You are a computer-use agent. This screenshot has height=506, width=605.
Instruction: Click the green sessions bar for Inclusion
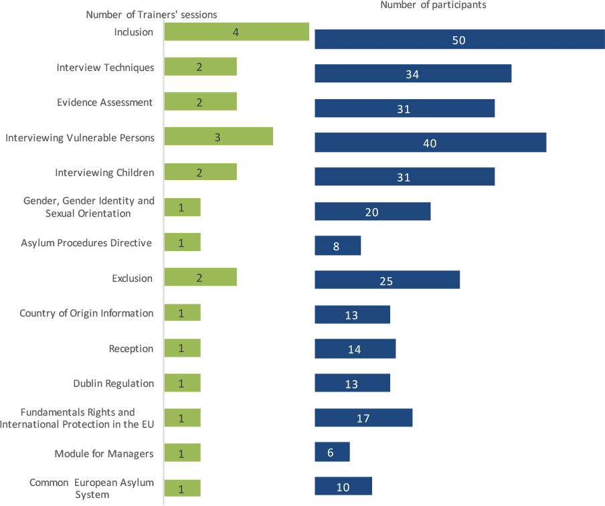pos(236,32)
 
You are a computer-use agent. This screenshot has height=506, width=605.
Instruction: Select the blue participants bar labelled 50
pos(459,40)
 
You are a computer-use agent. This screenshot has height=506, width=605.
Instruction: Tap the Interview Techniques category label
pos(105,68)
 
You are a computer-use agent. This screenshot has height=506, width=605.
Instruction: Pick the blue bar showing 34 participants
pos(413,74)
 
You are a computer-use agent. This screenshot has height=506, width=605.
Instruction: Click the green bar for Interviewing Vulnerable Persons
pos(218,137)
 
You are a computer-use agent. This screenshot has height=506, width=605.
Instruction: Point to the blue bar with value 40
pos(430,143)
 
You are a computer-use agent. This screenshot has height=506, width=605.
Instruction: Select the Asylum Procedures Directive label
pos(86,243)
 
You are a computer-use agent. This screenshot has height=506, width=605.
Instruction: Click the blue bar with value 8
pos(337,246)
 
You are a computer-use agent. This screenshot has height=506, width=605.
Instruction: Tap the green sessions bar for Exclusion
pos(200,277)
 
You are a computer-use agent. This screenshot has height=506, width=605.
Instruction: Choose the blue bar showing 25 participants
pos(387,280)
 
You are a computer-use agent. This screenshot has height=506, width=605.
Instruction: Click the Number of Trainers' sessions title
pos(151,15)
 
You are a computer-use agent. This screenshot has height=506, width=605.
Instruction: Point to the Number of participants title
pos(433,5)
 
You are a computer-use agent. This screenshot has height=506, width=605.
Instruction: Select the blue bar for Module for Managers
pos(332,452)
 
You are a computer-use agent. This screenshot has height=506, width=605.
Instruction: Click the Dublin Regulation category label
pos(114,384)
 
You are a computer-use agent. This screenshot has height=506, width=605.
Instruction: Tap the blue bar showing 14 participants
pos(355,349)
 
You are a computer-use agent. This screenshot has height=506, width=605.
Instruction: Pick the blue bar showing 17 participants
pos(363,418)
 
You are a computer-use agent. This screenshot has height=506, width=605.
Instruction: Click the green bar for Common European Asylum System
pos(182,489)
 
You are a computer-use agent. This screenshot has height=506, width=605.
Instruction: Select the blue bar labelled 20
pos(372,212)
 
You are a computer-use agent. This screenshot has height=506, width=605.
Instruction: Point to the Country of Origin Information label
pos(86,313)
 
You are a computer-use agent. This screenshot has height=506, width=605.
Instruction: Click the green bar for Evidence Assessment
pos(200,102)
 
